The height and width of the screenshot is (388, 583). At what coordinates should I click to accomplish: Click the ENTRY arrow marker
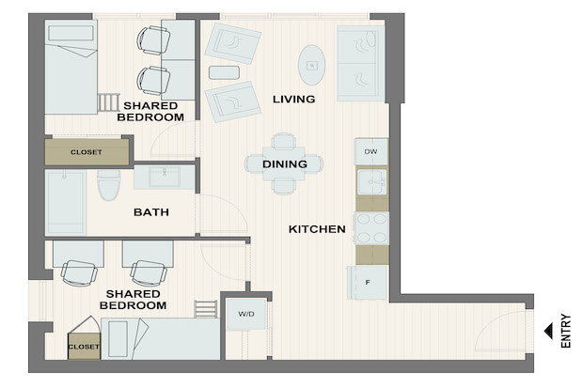point(548,331)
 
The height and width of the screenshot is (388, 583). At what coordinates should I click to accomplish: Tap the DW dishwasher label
point(370,151)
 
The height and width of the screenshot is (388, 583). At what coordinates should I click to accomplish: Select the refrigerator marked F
point(368,283)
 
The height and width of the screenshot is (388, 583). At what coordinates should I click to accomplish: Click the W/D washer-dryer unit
point(246,314)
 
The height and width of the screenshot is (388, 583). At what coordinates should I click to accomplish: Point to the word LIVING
point(293,100)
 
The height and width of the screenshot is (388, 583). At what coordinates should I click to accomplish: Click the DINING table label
point(285,163)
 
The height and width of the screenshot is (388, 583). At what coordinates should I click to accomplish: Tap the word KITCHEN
point(317,229)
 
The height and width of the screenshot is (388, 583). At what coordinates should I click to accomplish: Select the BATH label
point(151,212)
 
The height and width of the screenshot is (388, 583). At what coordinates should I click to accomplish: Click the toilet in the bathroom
point(108,185)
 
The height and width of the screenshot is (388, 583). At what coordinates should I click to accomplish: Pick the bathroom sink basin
point(165,177)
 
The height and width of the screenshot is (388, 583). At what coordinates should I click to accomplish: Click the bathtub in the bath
point(66,203)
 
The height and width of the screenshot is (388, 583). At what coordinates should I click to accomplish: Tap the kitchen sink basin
point(371,181)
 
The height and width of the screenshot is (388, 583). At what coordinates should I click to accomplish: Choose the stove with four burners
point(371,228)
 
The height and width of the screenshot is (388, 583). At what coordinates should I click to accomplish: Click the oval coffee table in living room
point(312,66)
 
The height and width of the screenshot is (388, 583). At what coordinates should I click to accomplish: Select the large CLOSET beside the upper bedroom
point(87,152)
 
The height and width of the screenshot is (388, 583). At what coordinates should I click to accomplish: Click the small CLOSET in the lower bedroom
point(84,347)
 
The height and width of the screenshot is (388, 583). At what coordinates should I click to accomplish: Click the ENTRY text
point(565,331)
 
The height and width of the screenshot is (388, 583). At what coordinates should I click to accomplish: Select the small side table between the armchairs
point(224,72)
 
